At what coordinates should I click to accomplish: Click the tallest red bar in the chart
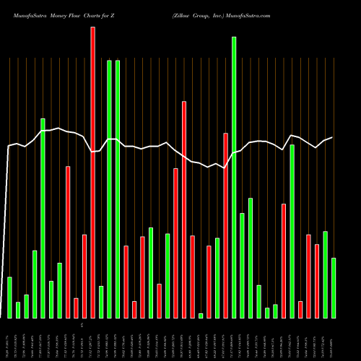click(x=92, y=173)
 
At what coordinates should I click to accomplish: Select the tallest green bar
click(x=234, y=178)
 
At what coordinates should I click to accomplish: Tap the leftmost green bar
click(x=9, y=297)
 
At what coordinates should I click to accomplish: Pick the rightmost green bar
click(x=334, y=288)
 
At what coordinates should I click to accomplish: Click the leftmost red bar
click(x=68, y=242)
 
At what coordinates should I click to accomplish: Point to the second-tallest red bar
click(x=184, y=209)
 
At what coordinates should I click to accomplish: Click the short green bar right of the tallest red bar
click(x=101, y=302)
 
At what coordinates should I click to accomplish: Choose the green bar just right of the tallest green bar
click(x=242, y=265)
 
